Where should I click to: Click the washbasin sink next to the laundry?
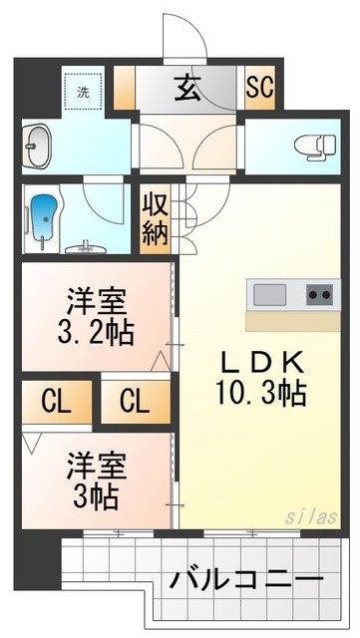coord(39,148)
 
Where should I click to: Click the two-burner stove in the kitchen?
coord(319,295)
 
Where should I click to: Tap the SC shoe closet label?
coord(259,88)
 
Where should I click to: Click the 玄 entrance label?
coord(187,88)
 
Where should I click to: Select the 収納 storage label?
coord(155,221)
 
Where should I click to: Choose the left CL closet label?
coord(56,402)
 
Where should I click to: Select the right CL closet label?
coord(135,402)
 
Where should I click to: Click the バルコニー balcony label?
coord(245,579)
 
